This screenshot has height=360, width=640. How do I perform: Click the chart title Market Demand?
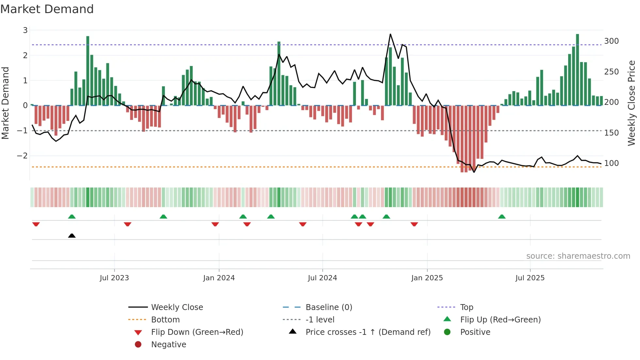47,9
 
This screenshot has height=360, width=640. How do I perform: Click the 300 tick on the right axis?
611,41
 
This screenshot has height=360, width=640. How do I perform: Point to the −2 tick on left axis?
22,156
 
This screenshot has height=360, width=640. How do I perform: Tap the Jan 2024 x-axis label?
219,278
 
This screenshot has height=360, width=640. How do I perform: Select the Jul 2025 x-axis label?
530,278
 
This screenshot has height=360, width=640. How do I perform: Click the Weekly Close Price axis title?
632,103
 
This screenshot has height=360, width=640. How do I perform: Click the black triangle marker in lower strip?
72,236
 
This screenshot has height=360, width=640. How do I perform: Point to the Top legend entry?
466,307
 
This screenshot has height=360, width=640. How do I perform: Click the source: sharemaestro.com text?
578,256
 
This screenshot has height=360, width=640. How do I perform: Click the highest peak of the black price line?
390,34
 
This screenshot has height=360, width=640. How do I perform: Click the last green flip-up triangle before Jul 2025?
502,217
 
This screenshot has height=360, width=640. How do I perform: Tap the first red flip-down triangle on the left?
36,224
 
